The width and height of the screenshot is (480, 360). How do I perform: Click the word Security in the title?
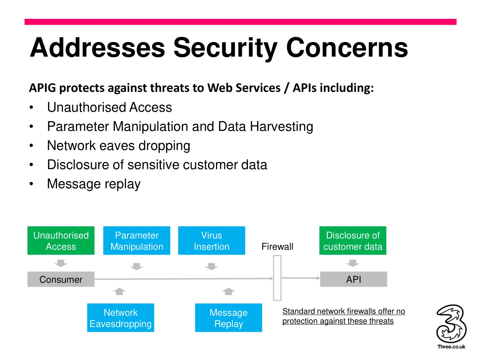225,48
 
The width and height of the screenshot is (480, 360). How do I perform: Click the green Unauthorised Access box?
61,240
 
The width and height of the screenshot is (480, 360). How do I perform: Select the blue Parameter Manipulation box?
136,240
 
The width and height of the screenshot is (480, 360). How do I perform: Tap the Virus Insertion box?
211,240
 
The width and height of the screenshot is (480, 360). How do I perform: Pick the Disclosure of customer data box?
353,240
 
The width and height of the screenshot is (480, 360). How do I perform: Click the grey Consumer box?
61,279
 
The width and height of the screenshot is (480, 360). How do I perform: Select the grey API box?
354,279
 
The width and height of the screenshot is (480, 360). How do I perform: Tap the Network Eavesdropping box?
120,318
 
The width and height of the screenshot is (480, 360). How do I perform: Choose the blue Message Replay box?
228,318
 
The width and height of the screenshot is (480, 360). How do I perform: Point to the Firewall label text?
277,246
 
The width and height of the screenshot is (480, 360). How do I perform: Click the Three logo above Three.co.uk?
451,324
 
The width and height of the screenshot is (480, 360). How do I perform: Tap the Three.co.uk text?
451,346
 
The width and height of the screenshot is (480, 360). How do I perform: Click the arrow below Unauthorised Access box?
61,263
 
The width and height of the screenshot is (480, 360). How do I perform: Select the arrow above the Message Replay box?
228,291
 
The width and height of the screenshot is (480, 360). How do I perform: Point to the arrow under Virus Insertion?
211,267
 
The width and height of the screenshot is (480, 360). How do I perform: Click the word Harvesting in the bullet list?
282,127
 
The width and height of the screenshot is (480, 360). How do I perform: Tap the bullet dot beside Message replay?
31,184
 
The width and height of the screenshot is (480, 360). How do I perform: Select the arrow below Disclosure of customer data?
353,263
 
